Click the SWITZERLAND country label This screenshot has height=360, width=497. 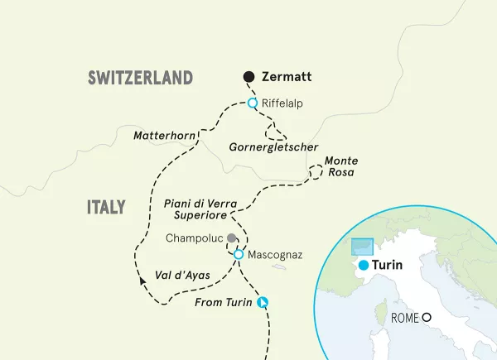[x=140, y=78]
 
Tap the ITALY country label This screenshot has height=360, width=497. [x=106, y=207]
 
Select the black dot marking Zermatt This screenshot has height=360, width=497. [x=248, y=77]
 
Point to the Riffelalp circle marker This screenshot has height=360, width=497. [x=253, y=103]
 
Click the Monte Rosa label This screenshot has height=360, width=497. [x=340, y=166]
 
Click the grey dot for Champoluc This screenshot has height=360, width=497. [x=231, y=238]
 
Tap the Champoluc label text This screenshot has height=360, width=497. [x=195, y=238]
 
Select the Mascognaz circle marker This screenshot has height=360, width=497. [x=239, y=254]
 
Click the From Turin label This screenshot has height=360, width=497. [x=223, y=302]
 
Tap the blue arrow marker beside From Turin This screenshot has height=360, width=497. [x=263, y=302]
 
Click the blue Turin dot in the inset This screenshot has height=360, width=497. [x=362, y=265]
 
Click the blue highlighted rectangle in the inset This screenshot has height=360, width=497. [x=362, y=248]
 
